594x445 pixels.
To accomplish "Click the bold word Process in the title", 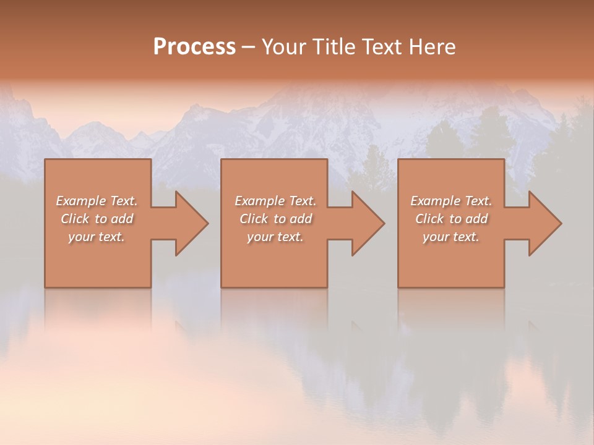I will click(194, 47).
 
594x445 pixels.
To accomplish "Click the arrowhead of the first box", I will click(189, 223).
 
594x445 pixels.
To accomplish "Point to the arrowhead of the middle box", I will click(366, 223).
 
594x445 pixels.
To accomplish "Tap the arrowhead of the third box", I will click(543, 223).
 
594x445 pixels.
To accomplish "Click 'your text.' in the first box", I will click(97, 237).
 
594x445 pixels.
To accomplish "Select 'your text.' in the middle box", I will click(275, 237).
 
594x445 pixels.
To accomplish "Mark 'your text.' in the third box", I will click(451, 237).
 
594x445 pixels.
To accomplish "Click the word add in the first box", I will click(121, 219).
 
